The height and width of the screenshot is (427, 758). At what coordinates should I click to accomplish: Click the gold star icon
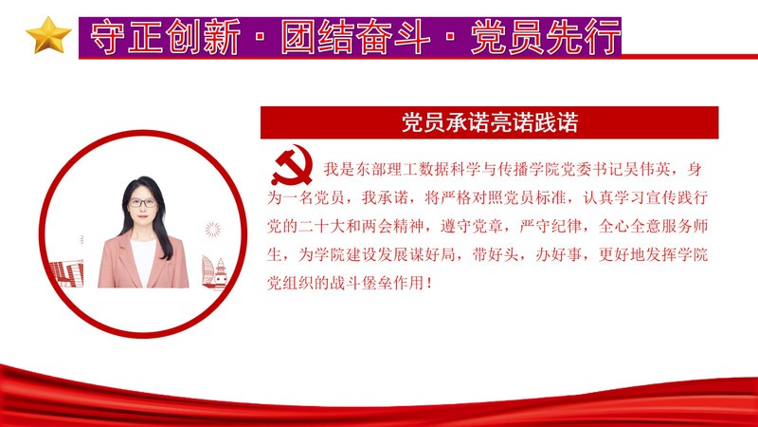pos(48,35)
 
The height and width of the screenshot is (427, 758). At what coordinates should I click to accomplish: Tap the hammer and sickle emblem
pos(292,165)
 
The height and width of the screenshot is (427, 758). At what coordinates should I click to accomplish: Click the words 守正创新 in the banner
pos(165,37)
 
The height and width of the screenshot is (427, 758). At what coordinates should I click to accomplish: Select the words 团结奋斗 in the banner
pos(356,37)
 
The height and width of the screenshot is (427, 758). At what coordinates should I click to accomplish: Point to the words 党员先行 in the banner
pos(546,37)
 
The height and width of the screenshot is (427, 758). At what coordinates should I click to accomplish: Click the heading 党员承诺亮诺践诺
pos(490,122)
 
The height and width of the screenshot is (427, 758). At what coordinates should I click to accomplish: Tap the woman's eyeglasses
pos(142,203)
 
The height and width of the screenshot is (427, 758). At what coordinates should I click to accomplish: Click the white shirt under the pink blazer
pos(144,262)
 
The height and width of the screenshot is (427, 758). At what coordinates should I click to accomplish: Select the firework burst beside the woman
pos(212,229)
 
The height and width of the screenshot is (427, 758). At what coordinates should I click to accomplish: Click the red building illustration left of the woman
pos(66,273)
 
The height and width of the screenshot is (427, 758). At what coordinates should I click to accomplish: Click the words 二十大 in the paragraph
pos(321,226)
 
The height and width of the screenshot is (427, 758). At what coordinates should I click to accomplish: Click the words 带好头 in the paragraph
pos(496,254)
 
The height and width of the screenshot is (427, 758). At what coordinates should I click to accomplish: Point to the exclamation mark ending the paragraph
pos(430,283)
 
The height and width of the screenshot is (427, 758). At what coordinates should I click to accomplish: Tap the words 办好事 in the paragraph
pos(559,254)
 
